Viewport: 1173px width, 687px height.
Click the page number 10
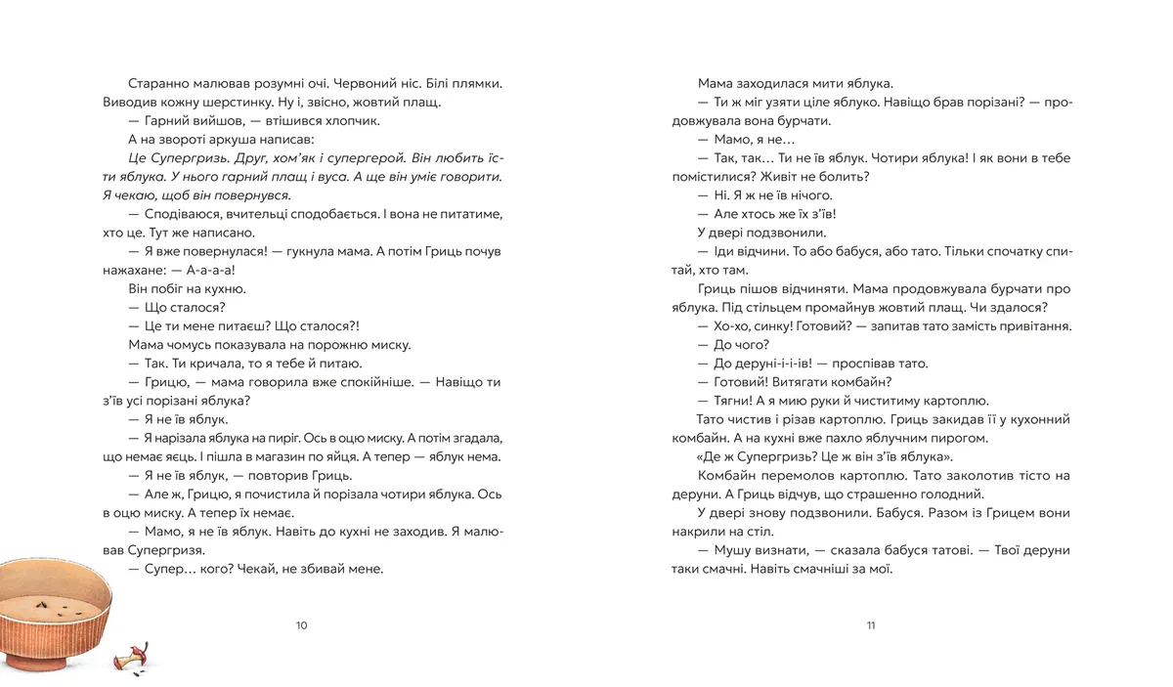point(301,625)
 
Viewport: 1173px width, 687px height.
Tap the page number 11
point(870,625)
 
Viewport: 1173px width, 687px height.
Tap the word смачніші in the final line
point(824,569)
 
